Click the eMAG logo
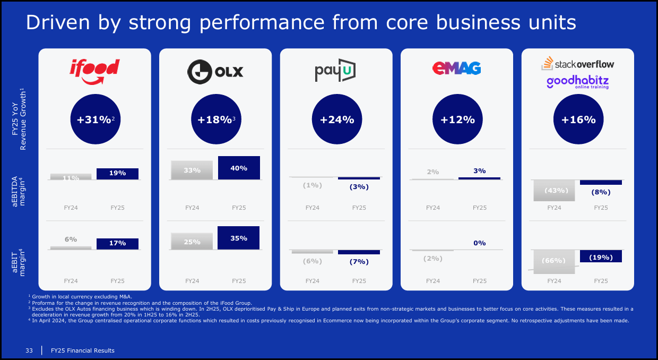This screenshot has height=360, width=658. [x=456, y=68]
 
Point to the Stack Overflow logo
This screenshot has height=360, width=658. [x=578, y=64]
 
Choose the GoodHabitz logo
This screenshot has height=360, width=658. [x=578, y=82]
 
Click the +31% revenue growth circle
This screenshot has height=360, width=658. [x=96, y=119]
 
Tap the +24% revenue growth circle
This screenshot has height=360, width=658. [x=337, y=119]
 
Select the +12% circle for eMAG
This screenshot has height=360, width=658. [x=457, y=119]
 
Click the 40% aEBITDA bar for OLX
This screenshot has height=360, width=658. [x=239, y=168]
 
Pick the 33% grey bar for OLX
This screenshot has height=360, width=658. [x=192, y=170]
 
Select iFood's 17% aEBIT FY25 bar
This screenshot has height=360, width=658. [x=117, y=243]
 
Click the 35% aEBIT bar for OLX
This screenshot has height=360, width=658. [x=239, y=238]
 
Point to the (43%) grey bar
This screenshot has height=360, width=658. [x=555, y=191]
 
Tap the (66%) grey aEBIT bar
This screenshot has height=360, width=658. [x=555, y=261]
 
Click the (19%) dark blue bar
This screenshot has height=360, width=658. [x=601, y=256]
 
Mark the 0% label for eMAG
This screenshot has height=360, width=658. [x=480, y=243]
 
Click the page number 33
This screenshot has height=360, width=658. [x=30, y=350]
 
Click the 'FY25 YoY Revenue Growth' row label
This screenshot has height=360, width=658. [x=20, y=119]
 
